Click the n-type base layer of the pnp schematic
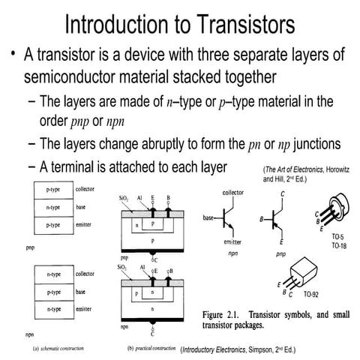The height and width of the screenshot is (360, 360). coord(52,207)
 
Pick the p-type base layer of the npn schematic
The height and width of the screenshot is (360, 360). coord(52,292)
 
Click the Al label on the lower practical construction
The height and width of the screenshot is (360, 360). coord(142,267)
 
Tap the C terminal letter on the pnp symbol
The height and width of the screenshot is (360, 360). coord(282,194)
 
